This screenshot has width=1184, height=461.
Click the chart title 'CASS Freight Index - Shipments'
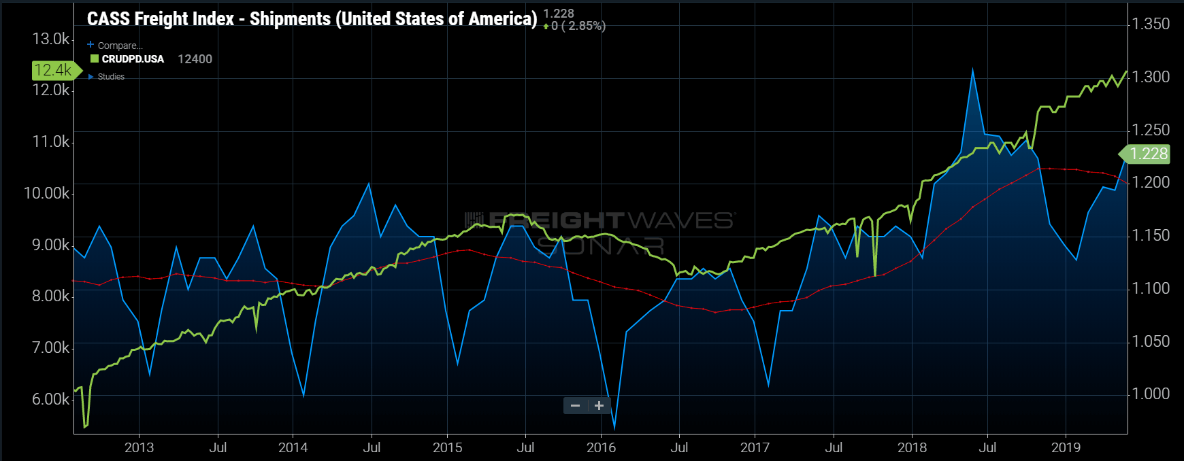point(312,19)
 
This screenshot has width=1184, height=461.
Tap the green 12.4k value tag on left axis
point(53,70)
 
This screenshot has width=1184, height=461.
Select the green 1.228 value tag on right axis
point(1148,154)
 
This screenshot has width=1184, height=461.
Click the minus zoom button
point(575,406)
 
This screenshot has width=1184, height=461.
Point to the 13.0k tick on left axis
point(50,39)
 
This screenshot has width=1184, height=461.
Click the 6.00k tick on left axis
point(50,399)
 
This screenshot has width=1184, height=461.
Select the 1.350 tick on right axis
point(1151,24)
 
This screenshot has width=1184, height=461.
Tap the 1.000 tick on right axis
point(1151,394)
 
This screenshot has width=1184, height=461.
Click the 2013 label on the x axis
point(139,447)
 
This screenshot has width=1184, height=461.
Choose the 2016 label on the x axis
point(601,447)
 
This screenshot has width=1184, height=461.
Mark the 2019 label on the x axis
point(1066,447)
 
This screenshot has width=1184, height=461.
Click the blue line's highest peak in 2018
point(972,70)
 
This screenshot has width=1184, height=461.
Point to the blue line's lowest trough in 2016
point(614,428)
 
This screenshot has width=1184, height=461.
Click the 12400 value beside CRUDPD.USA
point(195,59)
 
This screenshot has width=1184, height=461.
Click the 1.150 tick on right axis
point(1151,235)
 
